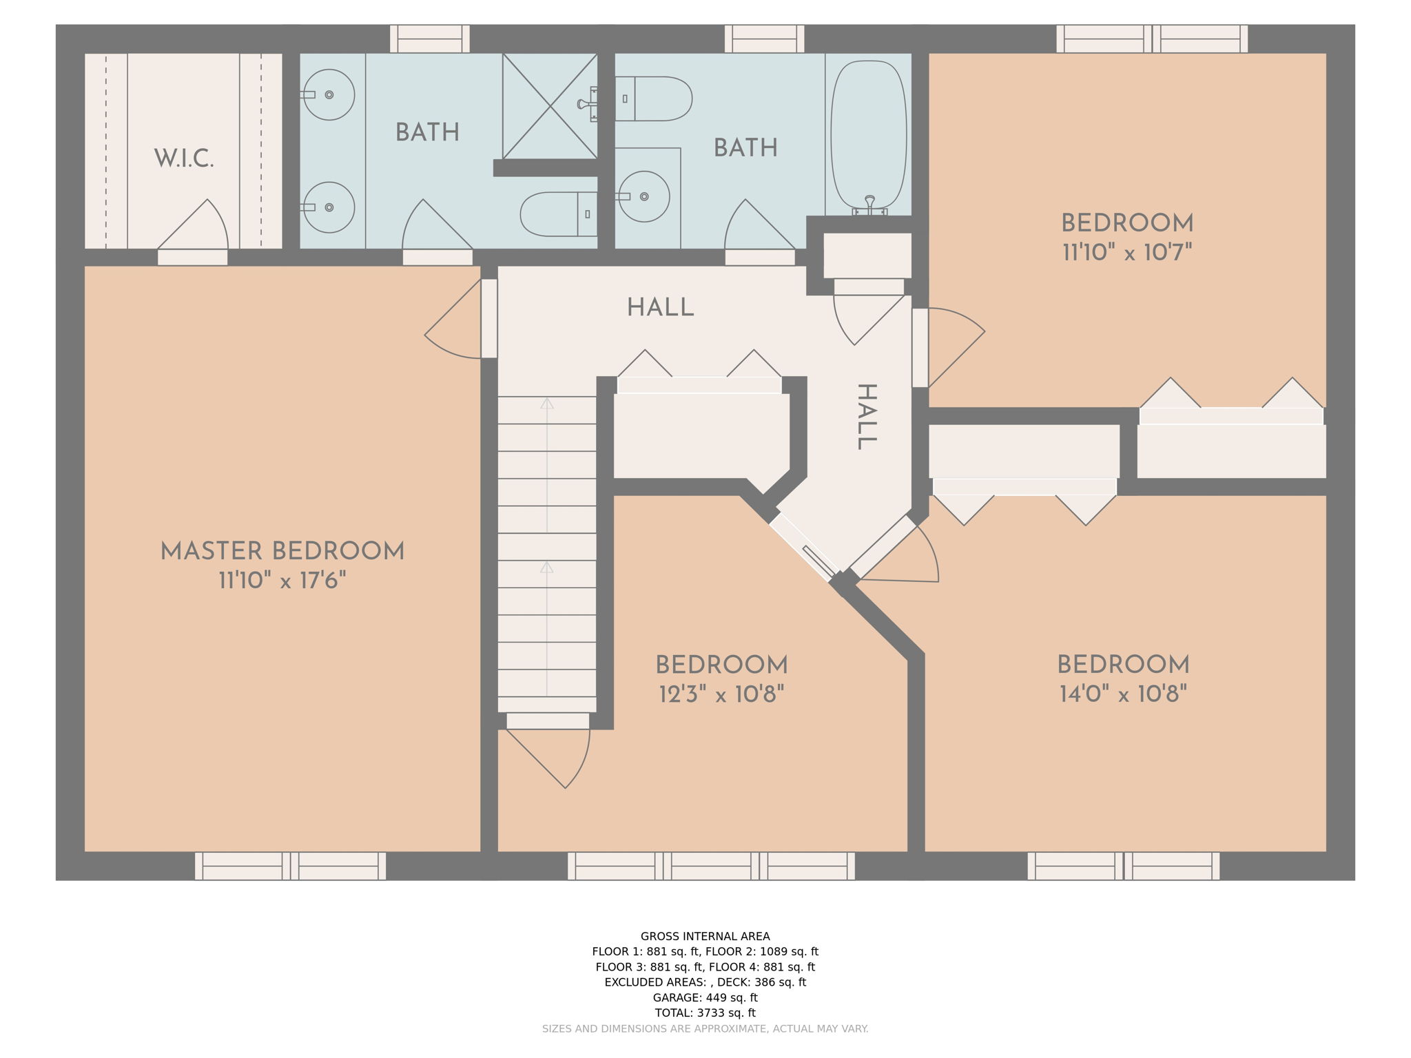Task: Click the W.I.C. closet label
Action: pos(184,159)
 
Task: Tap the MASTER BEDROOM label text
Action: pos(282,552)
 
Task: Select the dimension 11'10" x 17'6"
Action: pos(282,581)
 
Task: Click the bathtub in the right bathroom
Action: pos(869,136)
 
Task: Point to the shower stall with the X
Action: pos(550,106)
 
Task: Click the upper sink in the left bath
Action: pos(329,94)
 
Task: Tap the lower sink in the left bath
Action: pos(329,207)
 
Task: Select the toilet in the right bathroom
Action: pos(653,98)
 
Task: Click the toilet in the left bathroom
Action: pos(559,214)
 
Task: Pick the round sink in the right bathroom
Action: pos(643,196)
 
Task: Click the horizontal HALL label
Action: pos(660,308)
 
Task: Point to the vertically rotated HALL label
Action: pos(866,417)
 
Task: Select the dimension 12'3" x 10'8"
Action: pos(721,694)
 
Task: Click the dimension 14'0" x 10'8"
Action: pos(1124,694)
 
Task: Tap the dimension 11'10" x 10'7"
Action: pos(1127,252)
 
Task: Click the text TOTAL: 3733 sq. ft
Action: pos(705,1013)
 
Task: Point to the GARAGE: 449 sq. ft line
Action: pos(705,997)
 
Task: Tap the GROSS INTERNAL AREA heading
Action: pos(705,936)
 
